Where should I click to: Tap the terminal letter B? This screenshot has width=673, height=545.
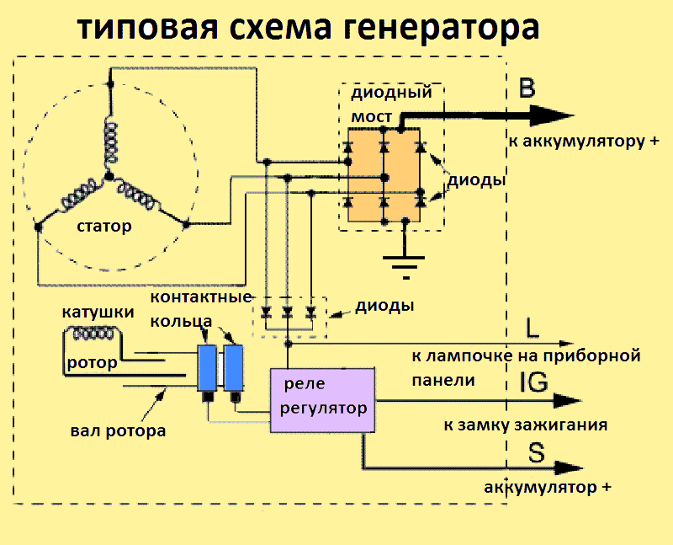coord(527,88)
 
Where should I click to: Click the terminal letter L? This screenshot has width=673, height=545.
coord(532,326)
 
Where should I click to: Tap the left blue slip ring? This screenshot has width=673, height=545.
coord(206,367)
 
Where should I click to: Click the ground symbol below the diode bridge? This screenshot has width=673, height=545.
coord(407,265)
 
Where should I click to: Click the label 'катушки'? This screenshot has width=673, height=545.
coord(98,313)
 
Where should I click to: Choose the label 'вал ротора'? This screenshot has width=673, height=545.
coord(117,430)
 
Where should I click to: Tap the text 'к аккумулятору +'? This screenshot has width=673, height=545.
coord(583,141)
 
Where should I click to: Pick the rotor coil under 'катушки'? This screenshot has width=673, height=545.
coord(94,334)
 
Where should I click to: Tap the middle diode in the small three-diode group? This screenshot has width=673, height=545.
coord(289,313)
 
